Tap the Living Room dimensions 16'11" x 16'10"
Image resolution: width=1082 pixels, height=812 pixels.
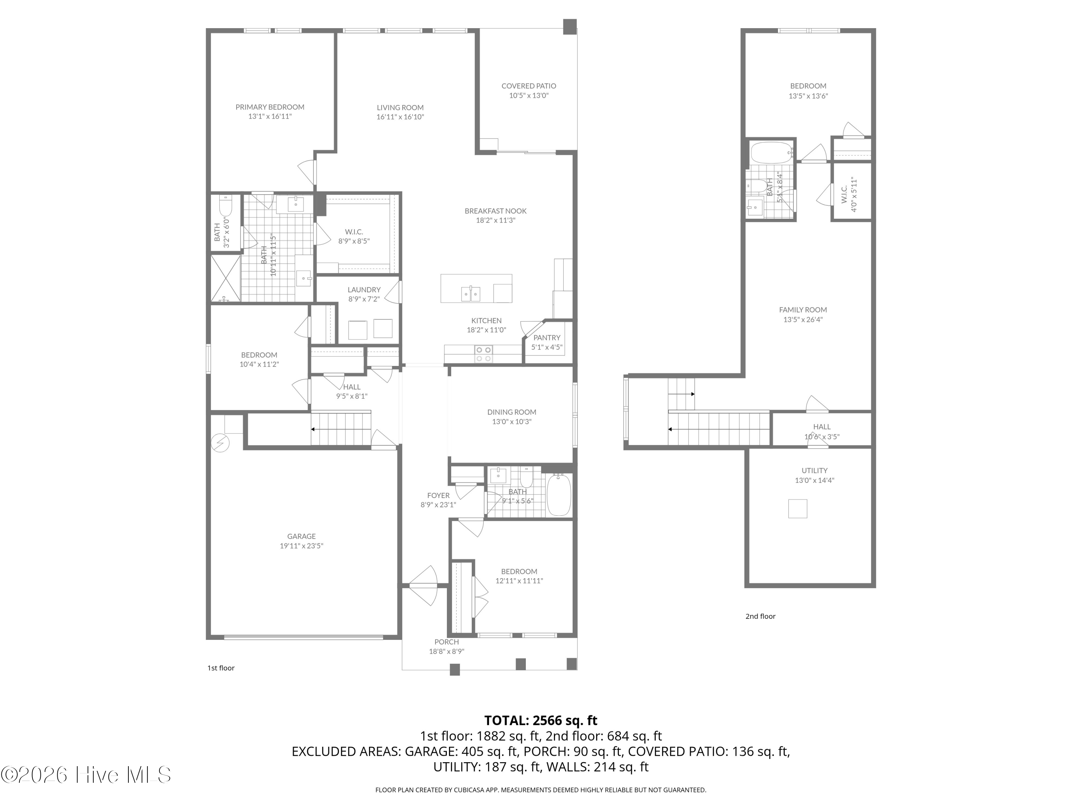point(400,117)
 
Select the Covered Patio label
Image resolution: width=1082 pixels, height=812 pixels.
point(528,86)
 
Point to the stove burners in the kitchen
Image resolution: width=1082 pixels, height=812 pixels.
point(484,354)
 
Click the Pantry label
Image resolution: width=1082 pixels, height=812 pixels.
point(546,338)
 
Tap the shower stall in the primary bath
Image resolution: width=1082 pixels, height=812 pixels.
point(225,278)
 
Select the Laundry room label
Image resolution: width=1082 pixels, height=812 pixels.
point(364,290)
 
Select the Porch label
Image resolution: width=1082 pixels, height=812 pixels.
point(446,642)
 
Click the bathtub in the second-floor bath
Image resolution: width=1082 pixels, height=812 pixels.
point(770,152)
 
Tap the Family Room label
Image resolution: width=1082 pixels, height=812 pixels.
point(803,310)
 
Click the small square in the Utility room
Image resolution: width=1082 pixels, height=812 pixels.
point(797,508)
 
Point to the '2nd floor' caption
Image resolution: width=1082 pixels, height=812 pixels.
point(760,616)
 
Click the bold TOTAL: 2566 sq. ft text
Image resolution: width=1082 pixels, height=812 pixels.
point(541,720)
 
